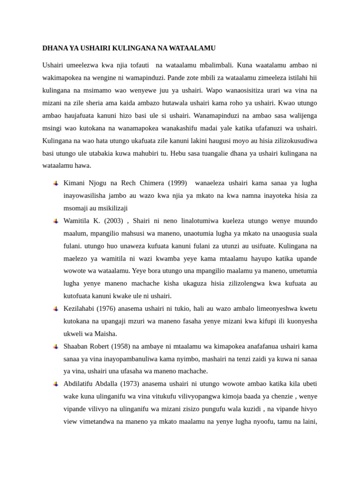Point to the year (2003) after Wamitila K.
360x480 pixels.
pyautogui.click(x=115, y=221)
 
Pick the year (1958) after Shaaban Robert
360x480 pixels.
pyautogui.click(x=119, y=346)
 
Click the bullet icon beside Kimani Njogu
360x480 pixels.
pyautogui.click(x=55, y=183)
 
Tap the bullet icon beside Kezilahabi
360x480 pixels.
pyautogui.click(x=55, y=309)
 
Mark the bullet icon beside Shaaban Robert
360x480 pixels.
pyautogui.click(x=55, y=347)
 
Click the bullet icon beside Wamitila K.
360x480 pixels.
pyautogui.click(x=55, y=221)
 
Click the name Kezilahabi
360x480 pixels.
pyautogui.click(x=79, y=309)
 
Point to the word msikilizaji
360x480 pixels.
pyautogui.click(x=108, y=208)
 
